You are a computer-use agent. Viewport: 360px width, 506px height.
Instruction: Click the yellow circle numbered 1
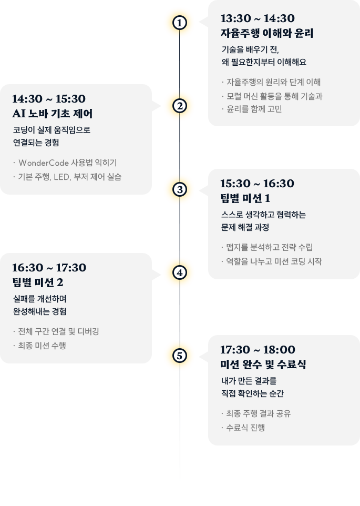click(180, 23)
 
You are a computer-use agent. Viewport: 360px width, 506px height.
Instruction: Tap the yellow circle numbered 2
click(180, 106)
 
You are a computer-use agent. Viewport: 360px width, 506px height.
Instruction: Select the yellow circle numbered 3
click(180, 189)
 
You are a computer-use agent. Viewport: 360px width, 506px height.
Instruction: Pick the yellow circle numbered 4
click(180, 272)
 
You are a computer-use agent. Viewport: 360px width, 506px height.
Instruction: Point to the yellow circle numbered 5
click(180, 356)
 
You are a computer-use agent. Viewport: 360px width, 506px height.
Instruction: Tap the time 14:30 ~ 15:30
click(49, 99)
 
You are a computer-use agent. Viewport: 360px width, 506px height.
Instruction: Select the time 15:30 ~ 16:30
click(257, 184)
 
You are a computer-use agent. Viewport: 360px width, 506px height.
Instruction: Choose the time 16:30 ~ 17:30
click(49, 268)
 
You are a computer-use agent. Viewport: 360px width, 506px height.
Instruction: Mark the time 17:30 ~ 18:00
click(258, 350)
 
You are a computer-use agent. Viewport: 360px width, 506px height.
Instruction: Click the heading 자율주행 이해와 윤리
click(267, 34)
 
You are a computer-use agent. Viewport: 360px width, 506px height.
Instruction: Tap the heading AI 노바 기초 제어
click(53, 114)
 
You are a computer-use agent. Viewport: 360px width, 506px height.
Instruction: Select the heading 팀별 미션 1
click(245, 198)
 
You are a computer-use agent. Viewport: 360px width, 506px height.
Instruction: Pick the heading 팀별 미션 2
click(37, 282)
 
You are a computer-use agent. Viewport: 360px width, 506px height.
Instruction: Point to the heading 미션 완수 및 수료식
click(263, 365)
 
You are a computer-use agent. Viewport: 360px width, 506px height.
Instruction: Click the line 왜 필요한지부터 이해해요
click(264, 62)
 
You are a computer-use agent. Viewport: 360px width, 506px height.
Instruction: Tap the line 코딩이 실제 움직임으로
click(52, 129)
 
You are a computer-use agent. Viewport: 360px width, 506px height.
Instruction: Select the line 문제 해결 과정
click(245, 228)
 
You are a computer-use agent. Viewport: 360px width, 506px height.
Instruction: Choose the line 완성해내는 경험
click(39, 311)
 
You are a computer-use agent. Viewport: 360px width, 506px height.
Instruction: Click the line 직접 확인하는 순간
click(252, 393)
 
